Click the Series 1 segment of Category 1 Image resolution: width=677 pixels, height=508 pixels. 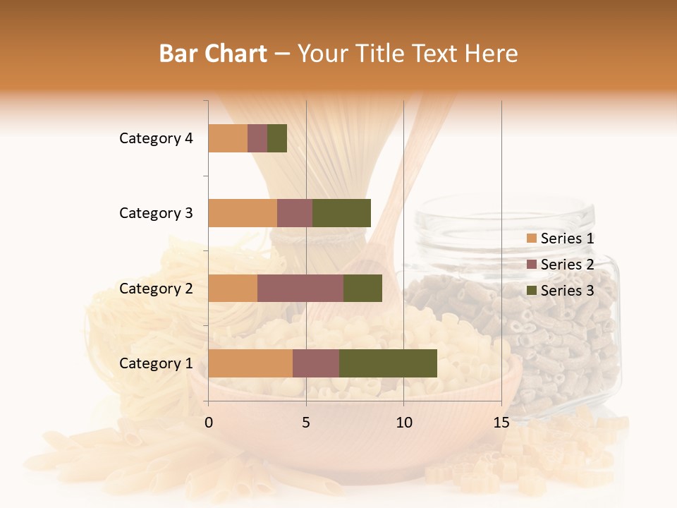coord(250,363)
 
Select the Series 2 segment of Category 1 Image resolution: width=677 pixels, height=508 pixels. coord(316,363)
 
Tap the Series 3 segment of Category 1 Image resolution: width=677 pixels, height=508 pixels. coord(388,363)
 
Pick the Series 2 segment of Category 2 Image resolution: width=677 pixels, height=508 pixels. coord(300,288)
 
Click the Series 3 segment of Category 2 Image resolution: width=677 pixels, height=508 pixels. coord(362,288)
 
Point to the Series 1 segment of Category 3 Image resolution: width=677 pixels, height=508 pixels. coord(243,213)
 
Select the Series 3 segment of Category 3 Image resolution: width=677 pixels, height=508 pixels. coord(341,213)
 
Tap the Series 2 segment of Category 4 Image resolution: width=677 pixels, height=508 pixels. coord(257,138)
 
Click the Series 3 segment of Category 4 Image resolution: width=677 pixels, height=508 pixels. coord(277,138)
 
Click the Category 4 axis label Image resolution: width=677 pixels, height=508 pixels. coord(156,138)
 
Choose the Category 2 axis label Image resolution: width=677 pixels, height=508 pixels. coord(156,288)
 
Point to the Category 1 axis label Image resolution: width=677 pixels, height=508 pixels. coord(156,363)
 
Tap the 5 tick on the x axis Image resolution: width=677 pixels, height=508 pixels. coord(306,423)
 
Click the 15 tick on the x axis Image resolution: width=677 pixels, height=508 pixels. coord(501,423)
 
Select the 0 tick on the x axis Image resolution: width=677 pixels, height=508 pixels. coord(209,423)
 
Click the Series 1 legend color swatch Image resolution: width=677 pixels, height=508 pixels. coord(531,238)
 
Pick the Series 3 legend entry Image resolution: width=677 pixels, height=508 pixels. coord(560,291)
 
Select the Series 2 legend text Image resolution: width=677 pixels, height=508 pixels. coord(567,265)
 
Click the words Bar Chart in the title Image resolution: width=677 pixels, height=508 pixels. coord(213,54)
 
